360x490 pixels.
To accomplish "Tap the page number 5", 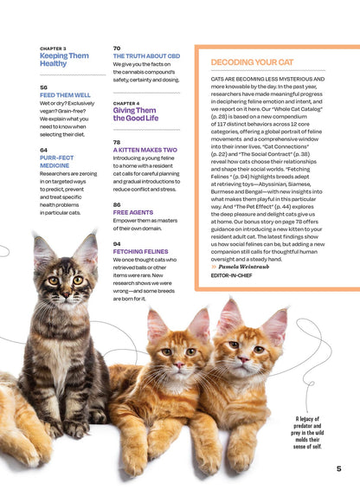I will (x=338, y=468).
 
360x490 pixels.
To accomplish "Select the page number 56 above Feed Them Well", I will (x=43, y=87).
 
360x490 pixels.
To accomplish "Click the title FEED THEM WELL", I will (x=65, y=95).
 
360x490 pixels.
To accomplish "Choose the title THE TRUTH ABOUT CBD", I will (x=145, y=55).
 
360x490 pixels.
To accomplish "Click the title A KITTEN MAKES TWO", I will (x=145, y=150).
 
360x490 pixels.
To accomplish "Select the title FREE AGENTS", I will (x=133, y=212).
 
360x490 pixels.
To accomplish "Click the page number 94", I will (x=117, y=243).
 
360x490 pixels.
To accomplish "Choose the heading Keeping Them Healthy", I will (x=64, y=60).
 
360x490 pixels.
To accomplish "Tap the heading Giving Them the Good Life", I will (x=135, y=114).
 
